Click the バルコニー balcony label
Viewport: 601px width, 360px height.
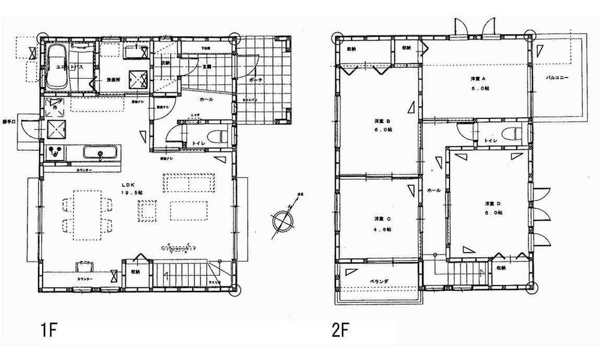(557, 78)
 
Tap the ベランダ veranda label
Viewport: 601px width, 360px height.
(379, 281)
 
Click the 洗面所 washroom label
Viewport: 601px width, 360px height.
(114, 79)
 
